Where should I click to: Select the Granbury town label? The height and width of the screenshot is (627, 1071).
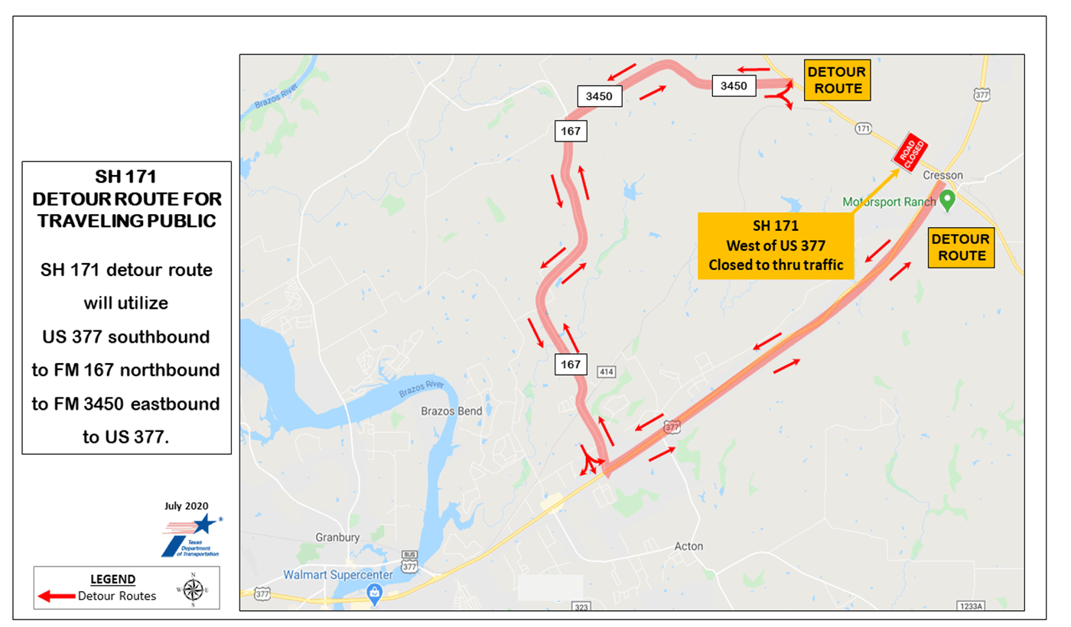pos(337,538)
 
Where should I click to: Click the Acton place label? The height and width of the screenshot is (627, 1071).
pos(688,546)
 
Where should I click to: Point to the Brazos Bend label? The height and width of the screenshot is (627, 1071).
pos(451,411)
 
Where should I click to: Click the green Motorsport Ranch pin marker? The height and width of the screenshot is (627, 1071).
pos(948,201)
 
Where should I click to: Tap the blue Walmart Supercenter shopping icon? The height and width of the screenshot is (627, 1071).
pos(374,592)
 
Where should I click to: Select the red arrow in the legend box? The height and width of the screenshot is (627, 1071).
pos(56,596)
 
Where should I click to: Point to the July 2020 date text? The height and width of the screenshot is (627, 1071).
pos(186,505)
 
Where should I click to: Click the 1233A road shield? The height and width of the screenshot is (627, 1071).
pos(969,606)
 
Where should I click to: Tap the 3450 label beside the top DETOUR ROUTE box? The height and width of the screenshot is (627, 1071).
pos(734,86)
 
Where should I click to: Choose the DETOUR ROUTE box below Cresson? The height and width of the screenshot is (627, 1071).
pos(961,247)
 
